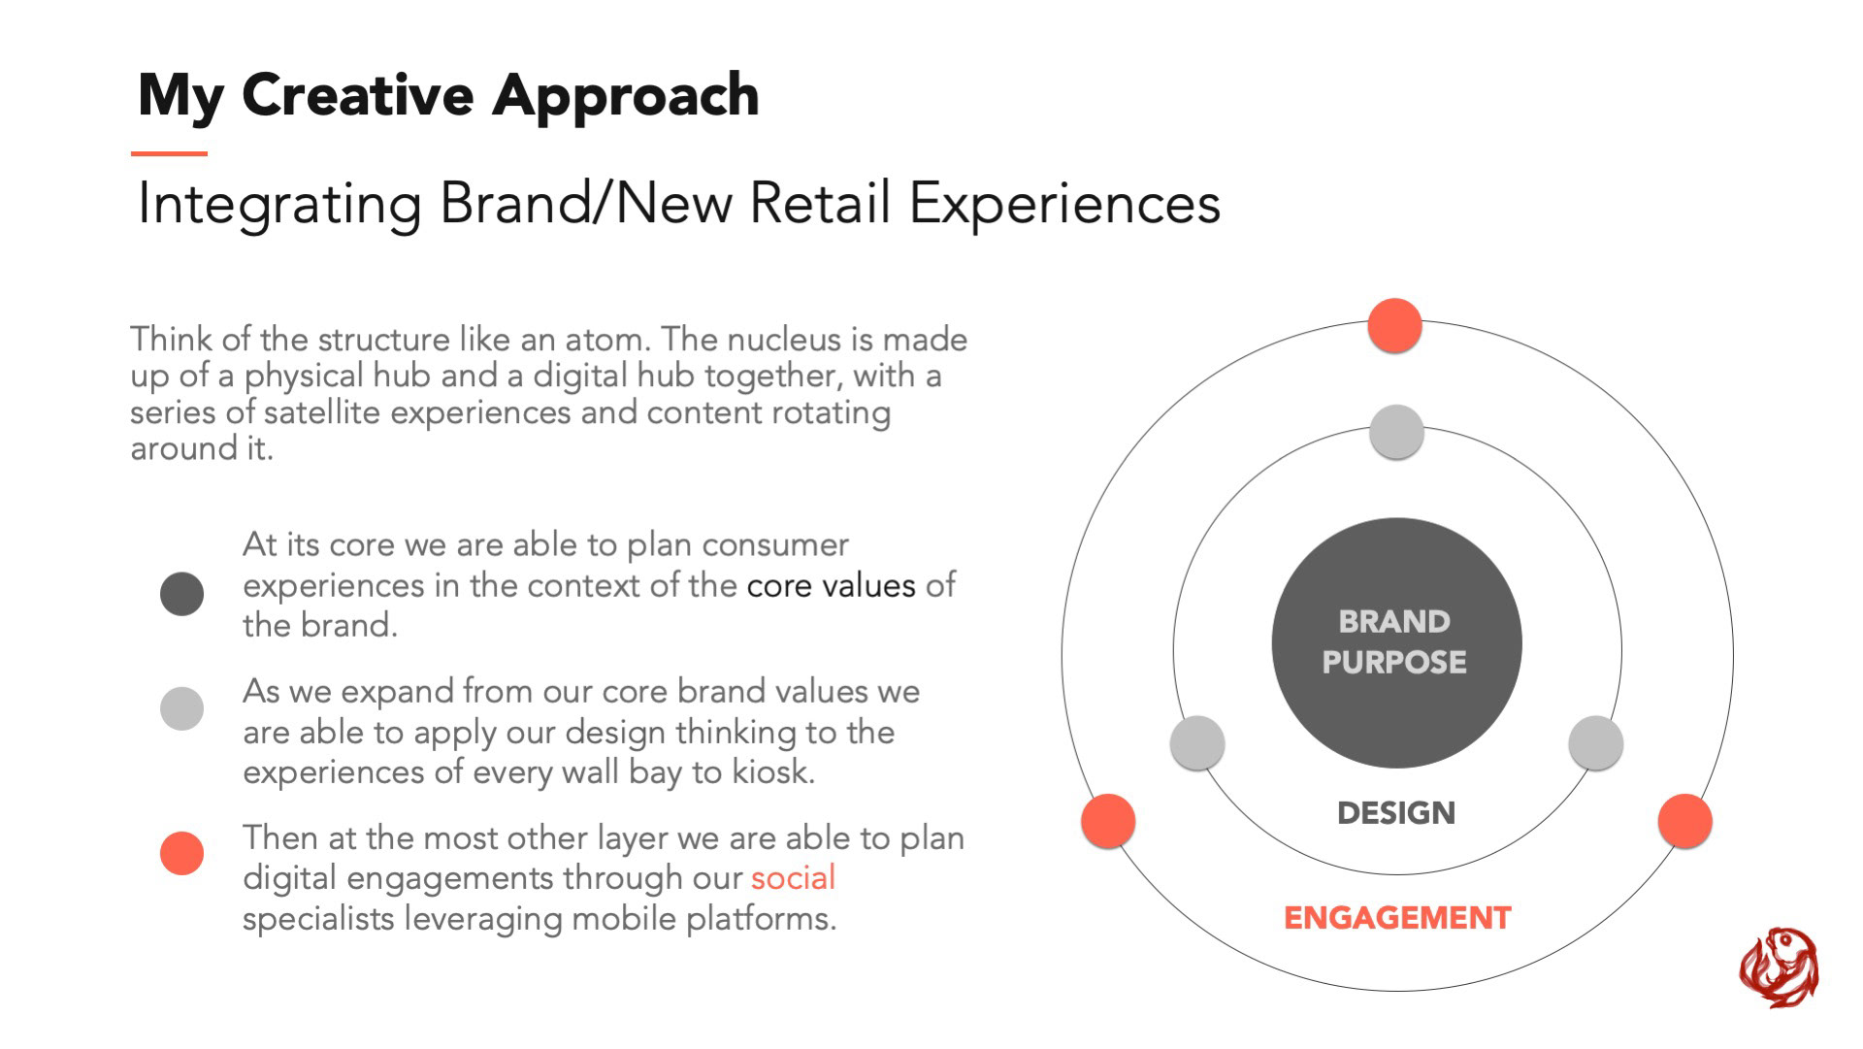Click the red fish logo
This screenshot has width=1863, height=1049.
point(1779,967)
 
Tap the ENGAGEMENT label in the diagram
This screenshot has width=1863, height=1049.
point(1397,918)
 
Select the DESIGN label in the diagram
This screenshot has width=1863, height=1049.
point(1396,813)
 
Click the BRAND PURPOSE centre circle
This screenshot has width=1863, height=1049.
point(1396,642)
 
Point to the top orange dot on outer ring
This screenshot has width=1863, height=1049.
point(1394,326)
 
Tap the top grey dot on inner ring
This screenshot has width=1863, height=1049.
point(1396,432)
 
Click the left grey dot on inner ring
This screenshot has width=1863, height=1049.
point(1197,743)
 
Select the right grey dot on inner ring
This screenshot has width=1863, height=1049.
point(1596,743)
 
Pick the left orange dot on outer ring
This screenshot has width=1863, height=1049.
point(1108,821)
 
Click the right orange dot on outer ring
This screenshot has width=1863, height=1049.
point(1685,821)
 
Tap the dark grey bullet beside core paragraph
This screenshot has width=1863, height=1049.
point(181,594)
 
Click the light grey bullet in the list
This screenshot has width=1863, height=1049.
point(181,708)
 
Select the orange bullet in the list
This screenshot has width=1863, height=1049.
point(181,853)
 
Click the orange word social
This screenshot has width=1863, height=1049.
point(793,877)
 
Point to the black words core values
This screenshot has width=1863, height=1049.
point(832,585)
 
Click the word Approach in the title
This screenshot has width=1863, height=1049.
point(626,97)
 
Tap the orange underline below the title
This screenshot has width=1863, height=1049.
point(170,153)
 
